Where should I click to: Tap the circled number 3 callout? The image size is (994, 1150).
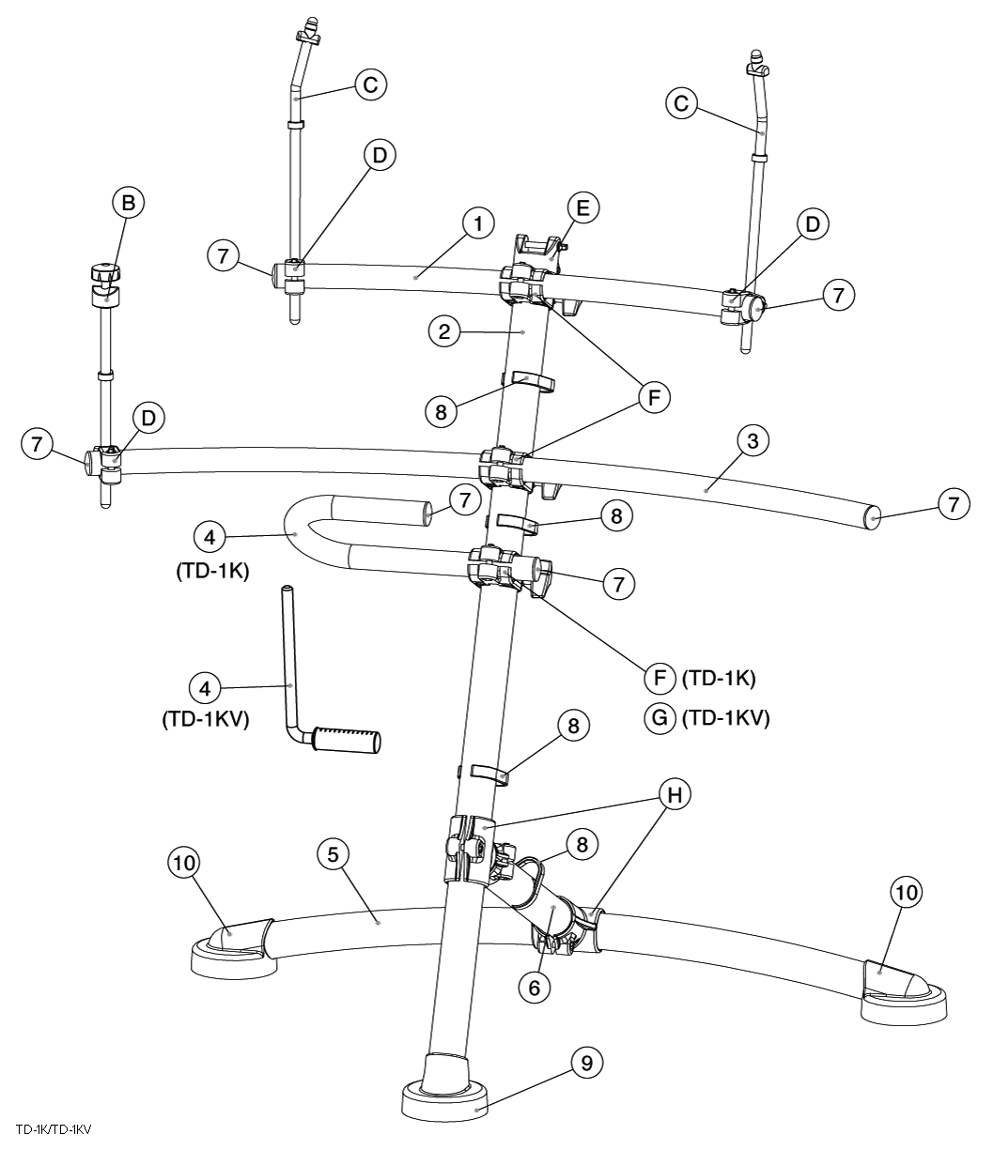(x=752, y=439)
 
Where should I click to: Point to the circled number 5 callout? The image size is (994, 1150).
(x=334, y=853)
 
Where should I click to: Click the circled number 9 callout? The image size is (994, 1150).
(x=586, y=1062)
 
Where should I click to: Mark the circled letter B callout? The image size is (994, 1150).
(x=129, y=202)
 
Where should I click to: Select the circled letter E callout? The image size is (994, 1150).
(x=582, y=208)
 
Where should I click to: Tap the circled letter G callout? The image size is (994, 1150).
(x=660, y=718)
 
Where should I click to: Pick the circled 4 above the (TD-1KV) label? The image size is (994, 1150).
(x=206, y=687)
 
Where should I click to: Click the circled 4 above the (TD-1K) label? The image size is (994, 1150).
(x=210, y=538)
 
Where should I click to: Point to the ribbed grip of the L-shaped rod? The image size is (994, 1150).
(x=347, y=739)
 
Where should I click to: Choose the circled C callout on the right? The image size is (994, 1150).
(x=681, y=104)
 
